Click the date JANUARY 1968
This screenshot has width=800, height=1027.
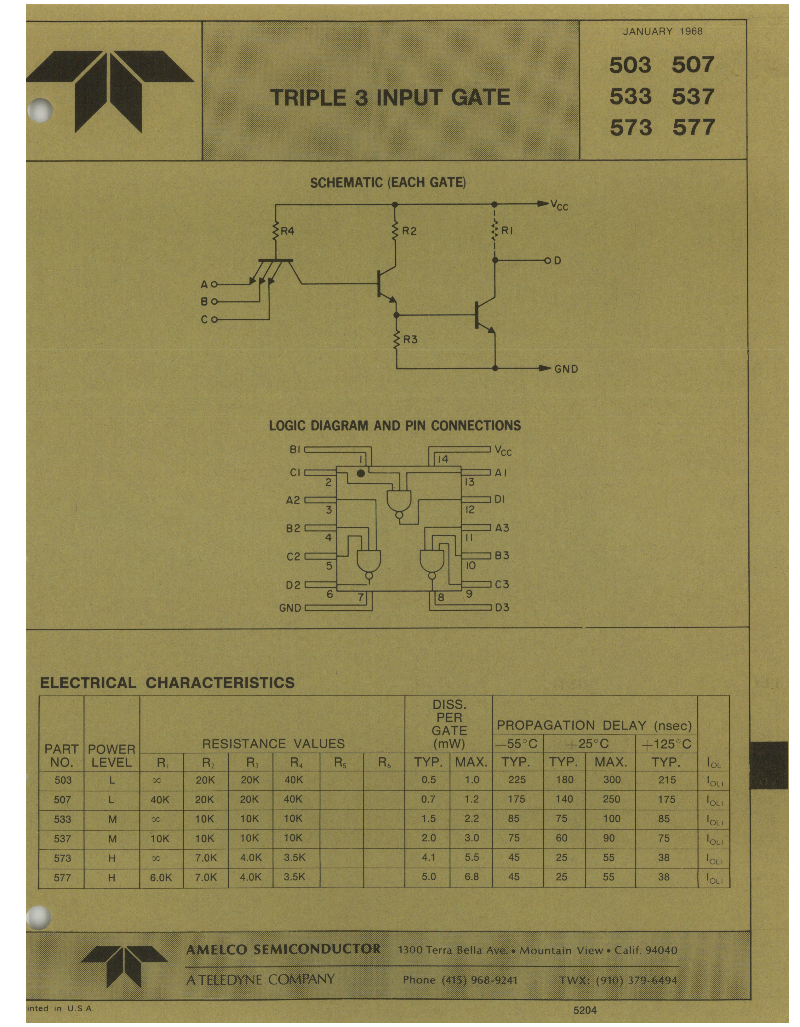[662, 32]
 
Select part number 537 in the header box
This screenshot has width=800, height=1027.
[693, 96]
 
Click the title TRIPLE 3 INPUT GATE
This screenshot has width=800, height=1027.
[390, 97]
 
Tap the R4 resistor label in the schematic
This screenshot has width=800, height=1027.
[287, 231]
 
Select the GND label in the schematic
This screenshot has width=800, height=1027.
[566, 369]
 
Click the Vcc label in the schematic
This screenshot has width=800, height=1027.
[559, 205]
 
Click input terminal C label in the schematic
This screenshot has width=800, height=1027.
[204, 320]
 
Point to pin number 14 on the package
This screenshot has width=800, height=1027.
[442, 459]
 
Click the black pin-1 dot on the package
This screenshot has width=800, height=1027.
[361, 473]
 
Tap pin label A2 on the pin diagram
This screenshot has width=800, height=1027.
[293, 500]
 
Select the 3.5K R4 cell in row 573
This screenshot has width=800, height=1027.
[295, 857]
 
